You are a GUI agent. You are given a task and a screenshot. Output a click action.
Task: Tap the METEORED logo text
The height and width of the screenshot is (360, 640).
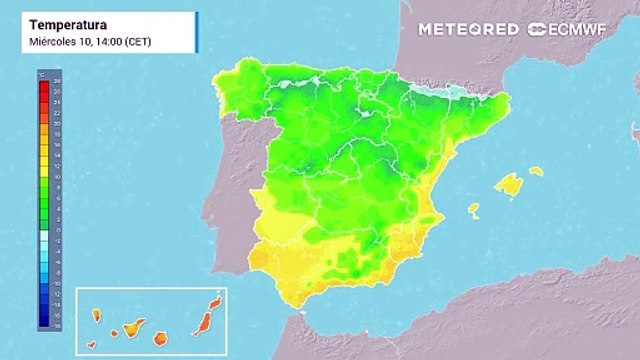click(x=468, y=29)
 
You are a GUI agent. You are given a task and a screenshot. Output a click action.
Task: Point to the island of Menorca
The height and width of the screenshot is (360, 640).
click(x=536, y=171)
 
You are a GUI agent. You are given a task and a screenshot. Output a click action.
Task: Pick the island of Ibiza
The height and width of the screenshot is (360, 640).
click(x=473, y=210)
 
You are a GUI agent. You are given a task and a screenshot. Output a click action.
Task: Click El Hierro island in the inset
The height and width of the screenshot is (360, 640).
click(x=91, y=345)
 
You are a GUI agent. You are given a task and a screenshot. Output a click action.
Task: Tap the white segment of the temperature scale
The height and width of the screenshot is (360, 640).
click(x=44, y=236)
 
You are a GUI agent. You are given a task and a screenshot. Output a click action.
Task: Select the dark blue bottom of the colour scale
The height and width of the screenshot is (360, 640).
click(x=44, y=322)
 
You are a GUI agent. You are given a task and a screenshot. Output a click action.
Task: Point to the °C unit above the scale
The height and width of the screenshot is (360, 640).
click(x=42, y=74)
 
